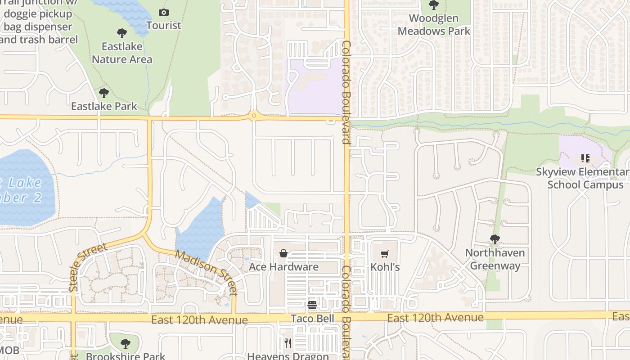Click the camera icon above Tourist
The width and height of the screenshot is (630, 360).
pyautogui.click(x=164, y=13)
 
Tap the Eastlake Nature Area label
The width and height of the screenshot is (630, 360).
pyautogui.click(x=122, y=53)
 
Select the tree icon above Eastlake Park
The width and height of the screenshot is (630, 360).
pyautogui.click(x=104, y=93)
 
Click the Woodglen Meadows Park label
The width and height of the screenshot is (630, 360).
pyautogui.click(x=434, y=25)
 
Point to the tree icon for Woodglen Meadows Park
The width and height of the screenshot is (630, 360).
pyautogui.click(x=434, y=5)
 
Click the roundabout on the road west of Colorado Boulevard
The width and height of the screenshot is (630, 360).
pyautogui.click(x=254, y=116)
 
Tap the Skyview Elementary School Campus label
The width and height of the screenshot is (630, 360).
pyautogui.click(x=585, y=178)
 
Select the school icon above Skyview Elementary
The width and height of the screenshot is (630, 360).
pyautogui.click(x=585, y=158)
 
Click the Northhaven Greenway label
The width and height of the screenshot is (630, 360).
pyautogui.click(x=495, y=259)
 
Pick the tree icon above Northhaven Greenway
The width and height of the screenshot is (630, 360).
pyautogui.click(x=495, y=239)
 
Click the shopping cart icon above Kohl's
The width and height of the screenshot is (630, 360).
pyautogui.click(x=384, y=254)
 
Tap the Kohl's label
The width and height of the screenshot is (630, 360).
pyautogui.click(x=385, y=267)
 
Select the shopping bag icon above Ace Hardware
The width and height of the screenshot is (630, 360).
pyautogui.click(x=283, y=254)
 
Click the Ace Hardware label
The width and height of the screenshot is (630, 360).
pyautogui.click(x=283, y=267)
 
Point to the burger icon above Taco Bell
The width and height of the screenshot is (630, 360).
pyautogui.click(x=312, y=306)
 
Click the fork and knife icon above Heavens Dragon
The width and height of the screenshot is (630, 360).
pyautogui.click(x=288, y=344)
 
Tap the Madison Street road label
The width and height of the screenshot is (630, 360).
pyautogui.click(x=206, y=273)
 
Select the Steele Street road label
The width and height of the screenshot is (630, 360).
pyautogui.click(x=88, y=267)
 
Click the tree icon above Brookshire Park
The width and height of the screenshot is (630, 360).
pyautogui.click(x=126, y=344)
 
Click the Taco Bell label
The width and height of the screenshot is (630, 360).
pyautogui.click(x=312, y=319)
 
